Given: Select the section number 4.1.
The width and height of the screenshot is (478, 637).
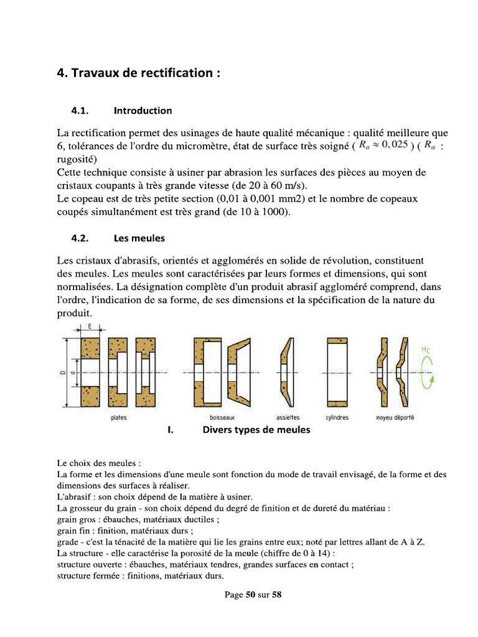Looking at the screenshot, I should (81, 111).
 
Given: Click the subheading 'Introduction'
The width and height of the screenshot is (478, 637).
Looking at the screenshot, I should (143, 111).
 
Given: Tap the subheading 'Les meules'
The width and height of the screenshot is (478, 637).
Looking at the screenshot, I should (139, 238).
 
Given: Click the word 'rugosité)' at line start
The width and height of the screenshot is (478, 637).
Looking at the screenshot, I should (75, 159).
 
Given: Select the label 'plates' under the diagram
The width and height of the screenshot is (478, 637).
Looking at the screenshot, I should (118, 417).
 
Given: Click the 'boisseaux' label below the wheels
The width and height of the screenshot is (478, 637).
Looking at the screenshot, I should (222, 417).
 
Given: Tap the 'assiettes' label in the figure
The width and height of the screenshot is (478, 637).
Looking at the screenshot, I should (288, 417).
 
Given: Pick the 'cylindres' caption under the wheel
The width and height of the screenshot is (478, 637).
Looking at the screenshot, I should (337, 417).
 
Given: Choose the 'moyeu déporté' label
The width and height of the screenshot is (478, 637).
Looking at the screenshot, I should (395, 417).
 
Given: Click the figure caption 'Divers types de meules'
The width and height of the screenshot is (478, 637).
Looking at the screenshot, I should (256, 430).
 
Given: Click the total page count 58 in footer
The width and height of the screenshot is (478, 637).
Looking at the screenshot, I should (277, 595).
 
